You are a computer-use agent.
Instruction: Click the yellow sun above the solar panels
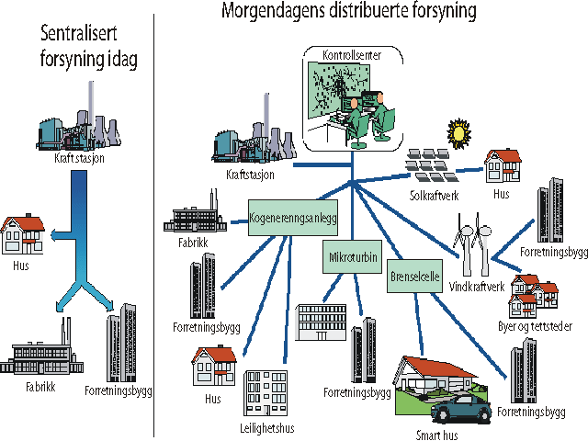pyautogui.click(x=458, y=134)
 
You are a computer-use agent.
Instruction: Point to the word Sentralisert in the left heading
pyautogui.click(x=81, y=35)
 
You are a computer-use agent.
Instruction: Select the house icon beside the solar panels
pyautogui.click(x=503, y=167)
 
